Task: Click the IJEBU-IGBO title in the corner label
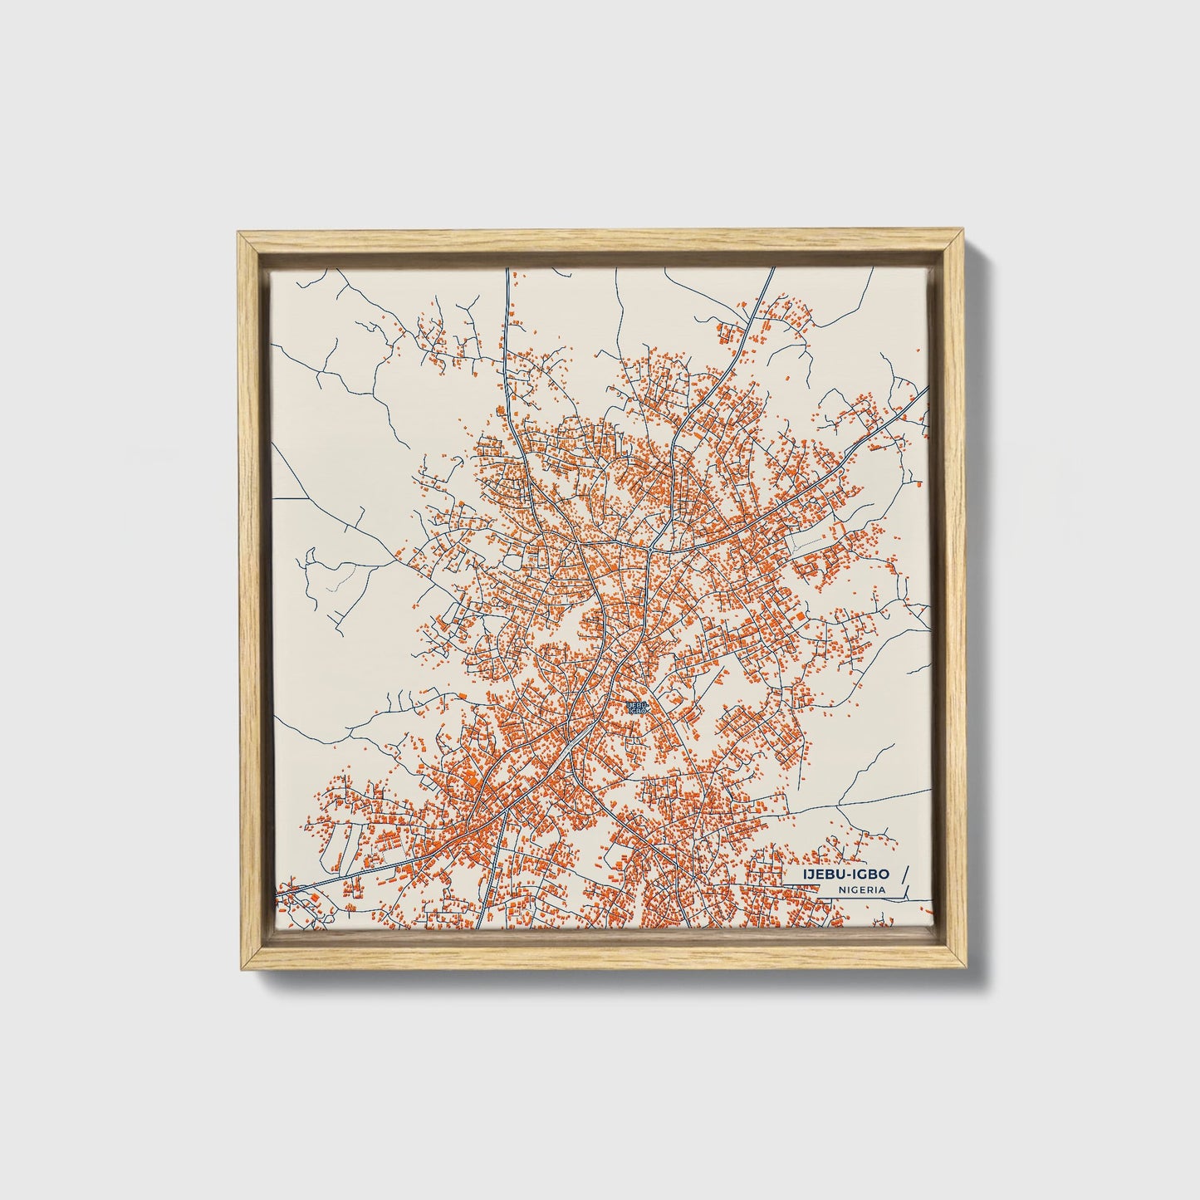tap(844, 874)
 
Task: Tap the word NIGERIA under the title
tap(861, 889)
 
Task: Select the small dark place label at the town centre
tap(638, 708)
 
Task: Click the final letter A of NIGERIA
tap(881, 889)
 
